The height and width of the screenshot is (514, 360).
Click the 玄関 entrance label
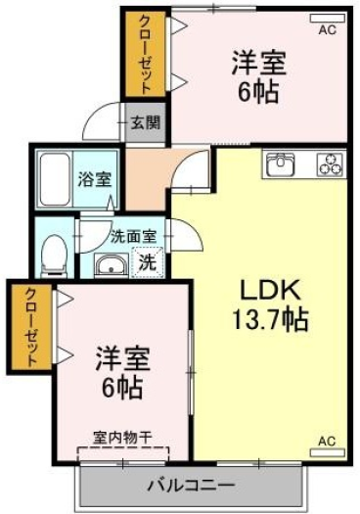coord(146,123)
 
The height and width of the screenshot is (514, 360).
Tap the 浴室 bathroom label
coord(95,179)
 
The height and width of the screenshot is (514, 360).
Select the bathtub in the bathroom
coord(55,179)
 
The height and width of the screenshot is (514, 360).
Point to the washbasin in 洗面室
coord(112,265)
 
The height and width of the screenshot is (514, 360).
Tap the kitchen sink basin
coord(281,164)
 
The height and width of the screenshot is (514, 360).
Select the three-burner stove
coord(331,164)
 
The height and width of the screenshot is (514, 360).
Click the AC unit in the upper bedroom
coord(328,19)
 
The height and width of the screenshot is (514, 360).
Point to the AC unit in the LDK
coord(328,452)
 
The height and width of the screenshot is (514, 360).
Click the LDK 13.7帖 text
coord(270,304)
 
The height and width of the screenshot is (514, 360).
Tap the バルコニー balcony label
coord(191,485)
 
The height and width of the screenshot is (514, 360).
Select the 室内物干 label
coord(122,438)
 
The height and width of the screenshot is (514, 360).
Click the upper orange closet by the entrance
coord(146,54)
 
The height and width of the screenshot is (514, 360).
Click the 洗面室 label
coord(133,237)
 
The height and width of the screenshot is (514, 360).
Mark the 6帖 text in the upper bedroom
coord(258,92)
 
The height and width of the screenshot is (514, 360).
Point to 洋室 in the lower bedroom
coord(123,359)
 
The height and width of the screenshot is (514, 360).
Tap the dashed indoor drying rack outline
coord(123,453)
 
